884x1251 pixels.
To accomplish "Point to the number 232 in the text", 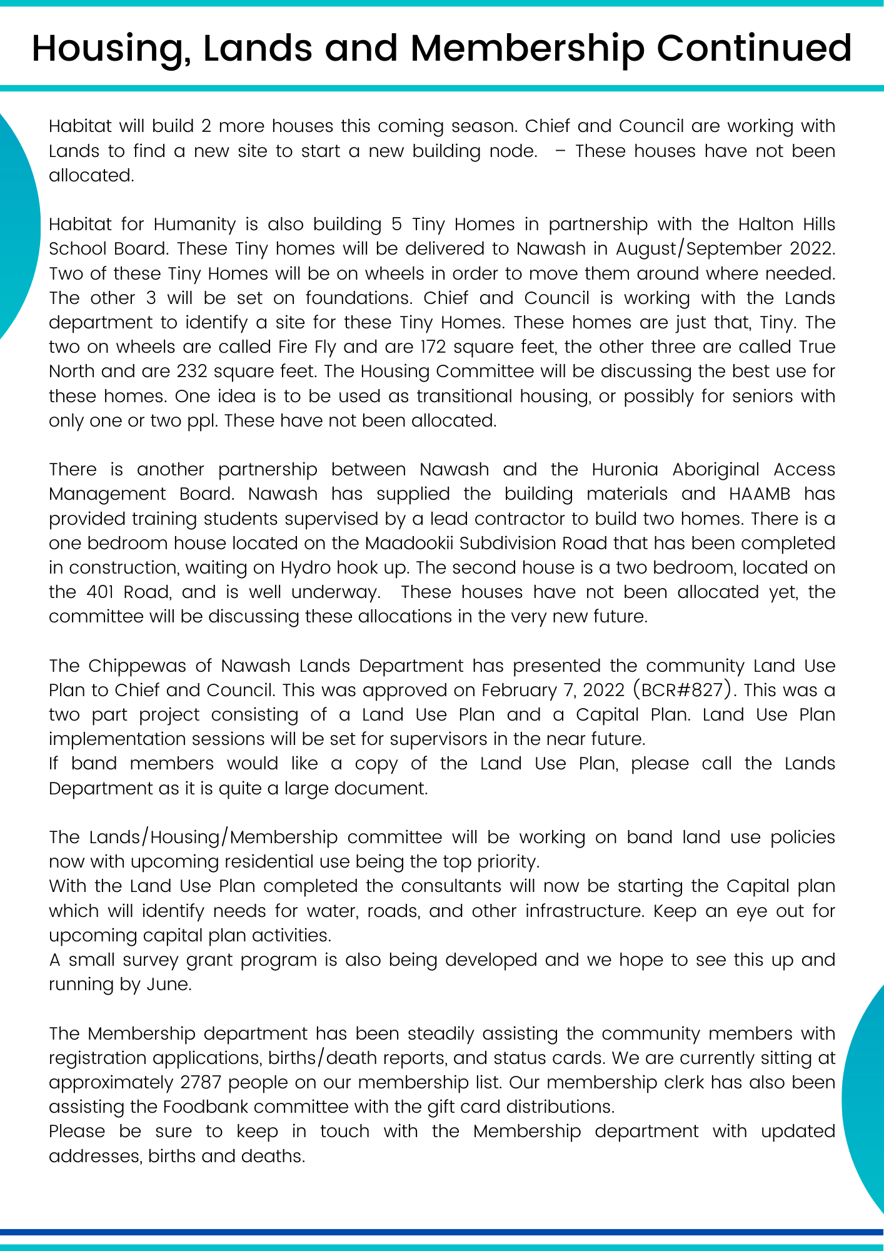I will pos(192,372).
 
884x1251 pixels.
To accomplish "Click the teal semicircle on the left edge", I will pos(16,225).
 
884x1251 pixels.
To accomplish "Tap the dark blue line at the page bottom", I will pos(442,1232).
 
